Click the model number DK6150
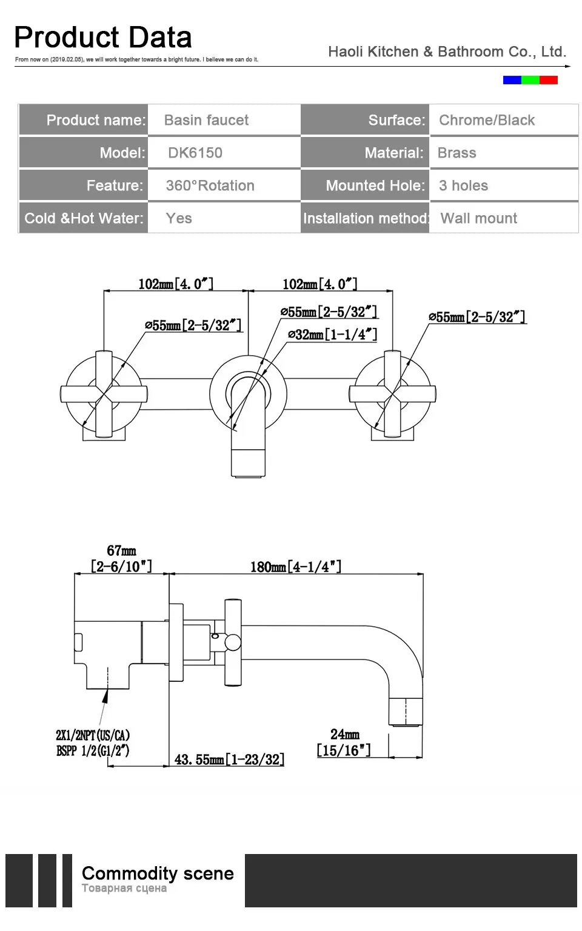tap(195, 153)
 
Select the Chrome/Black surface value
tap(487, 120)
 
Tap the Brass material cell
tap(457, 153)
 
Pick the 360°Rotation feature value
tap(210, 185)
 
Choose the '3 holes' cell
tap(463, 185)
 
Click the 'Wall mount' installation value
tap(478, 218)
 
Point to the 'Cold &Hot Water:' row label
tap(84, 218)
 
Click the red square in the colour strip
tap(548, 80)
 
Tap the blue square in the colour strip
tap(512, 80)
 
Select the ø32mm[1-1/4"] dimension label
tap(333, 334)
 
